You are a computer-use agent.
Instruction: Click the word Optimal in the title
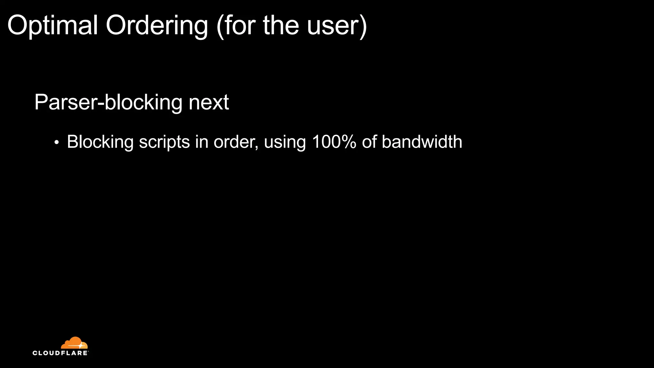[52, 26]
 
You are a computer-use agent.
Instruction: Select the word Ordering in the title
[157, 26]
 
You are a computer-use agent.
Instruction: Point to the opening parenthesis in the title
[220, 26]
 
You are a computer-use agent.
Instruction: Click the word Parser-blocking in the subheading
[108, 103]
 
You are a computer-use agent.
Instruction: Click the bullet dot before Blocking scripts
[57, 142]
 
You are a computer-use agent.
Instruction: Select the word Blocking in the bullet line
[100, 142]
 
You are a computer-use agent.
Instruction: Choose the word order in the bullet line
[235, 142]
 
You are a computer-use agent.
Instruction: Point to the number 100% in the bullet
[334, 142]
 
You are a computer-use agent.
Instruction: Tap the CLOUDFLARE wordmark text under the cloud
[60, 353]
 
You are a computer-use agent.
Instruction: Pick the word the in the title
[281, 26]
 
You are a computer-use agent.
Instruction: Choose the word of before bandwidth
[369, 142]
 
